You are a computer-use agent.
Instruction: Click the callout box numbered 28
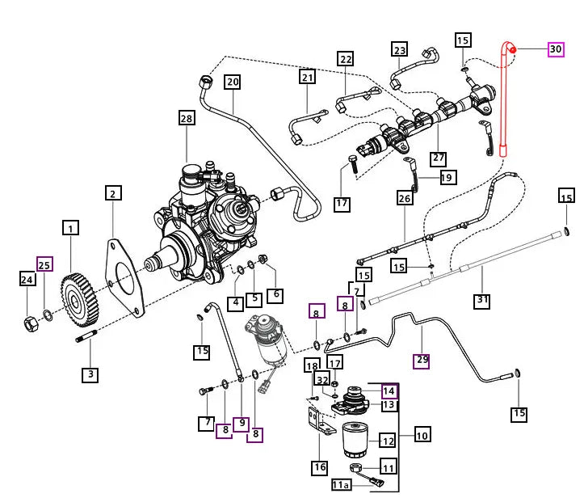click(187, 119)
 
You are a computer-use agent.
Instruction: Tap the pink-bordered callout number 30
click(556, 49)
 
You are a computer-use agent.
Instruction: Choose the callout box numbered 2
click(114, 193)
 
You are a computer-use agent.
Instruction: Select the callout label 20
click(233, 82)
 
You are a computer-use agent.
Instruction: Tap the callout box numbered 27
click(439, 157)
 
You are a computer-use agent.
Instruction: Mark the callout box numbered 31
click(482, 301)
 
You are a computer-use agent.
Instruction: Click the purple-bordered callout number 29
click(422, 360)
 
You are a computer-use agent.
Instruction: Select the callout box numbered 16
click(320, 467)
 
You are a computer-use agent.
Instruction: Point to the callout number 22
click(346, 59)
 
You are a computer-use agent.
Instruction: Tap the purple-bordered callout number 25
click(45, 264)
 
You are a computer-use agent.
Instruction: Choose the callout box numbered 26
click(405, 198)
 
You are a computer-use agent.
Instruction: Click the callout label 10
click(422, 435)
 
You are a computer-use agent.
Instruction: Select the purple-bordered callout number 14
click(389, 390)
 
